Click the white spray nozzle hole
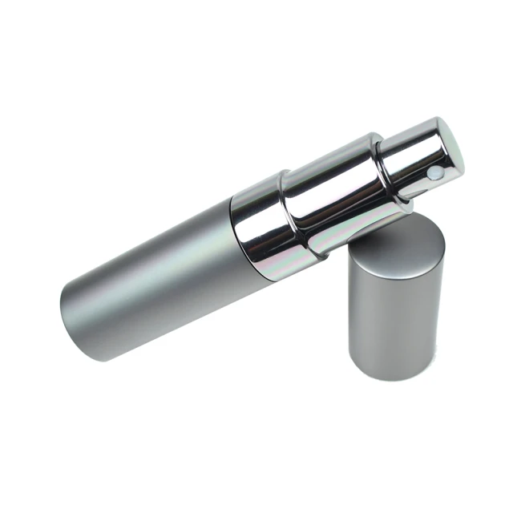point(434,172)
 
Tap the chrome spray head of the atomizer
point(417,152)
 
